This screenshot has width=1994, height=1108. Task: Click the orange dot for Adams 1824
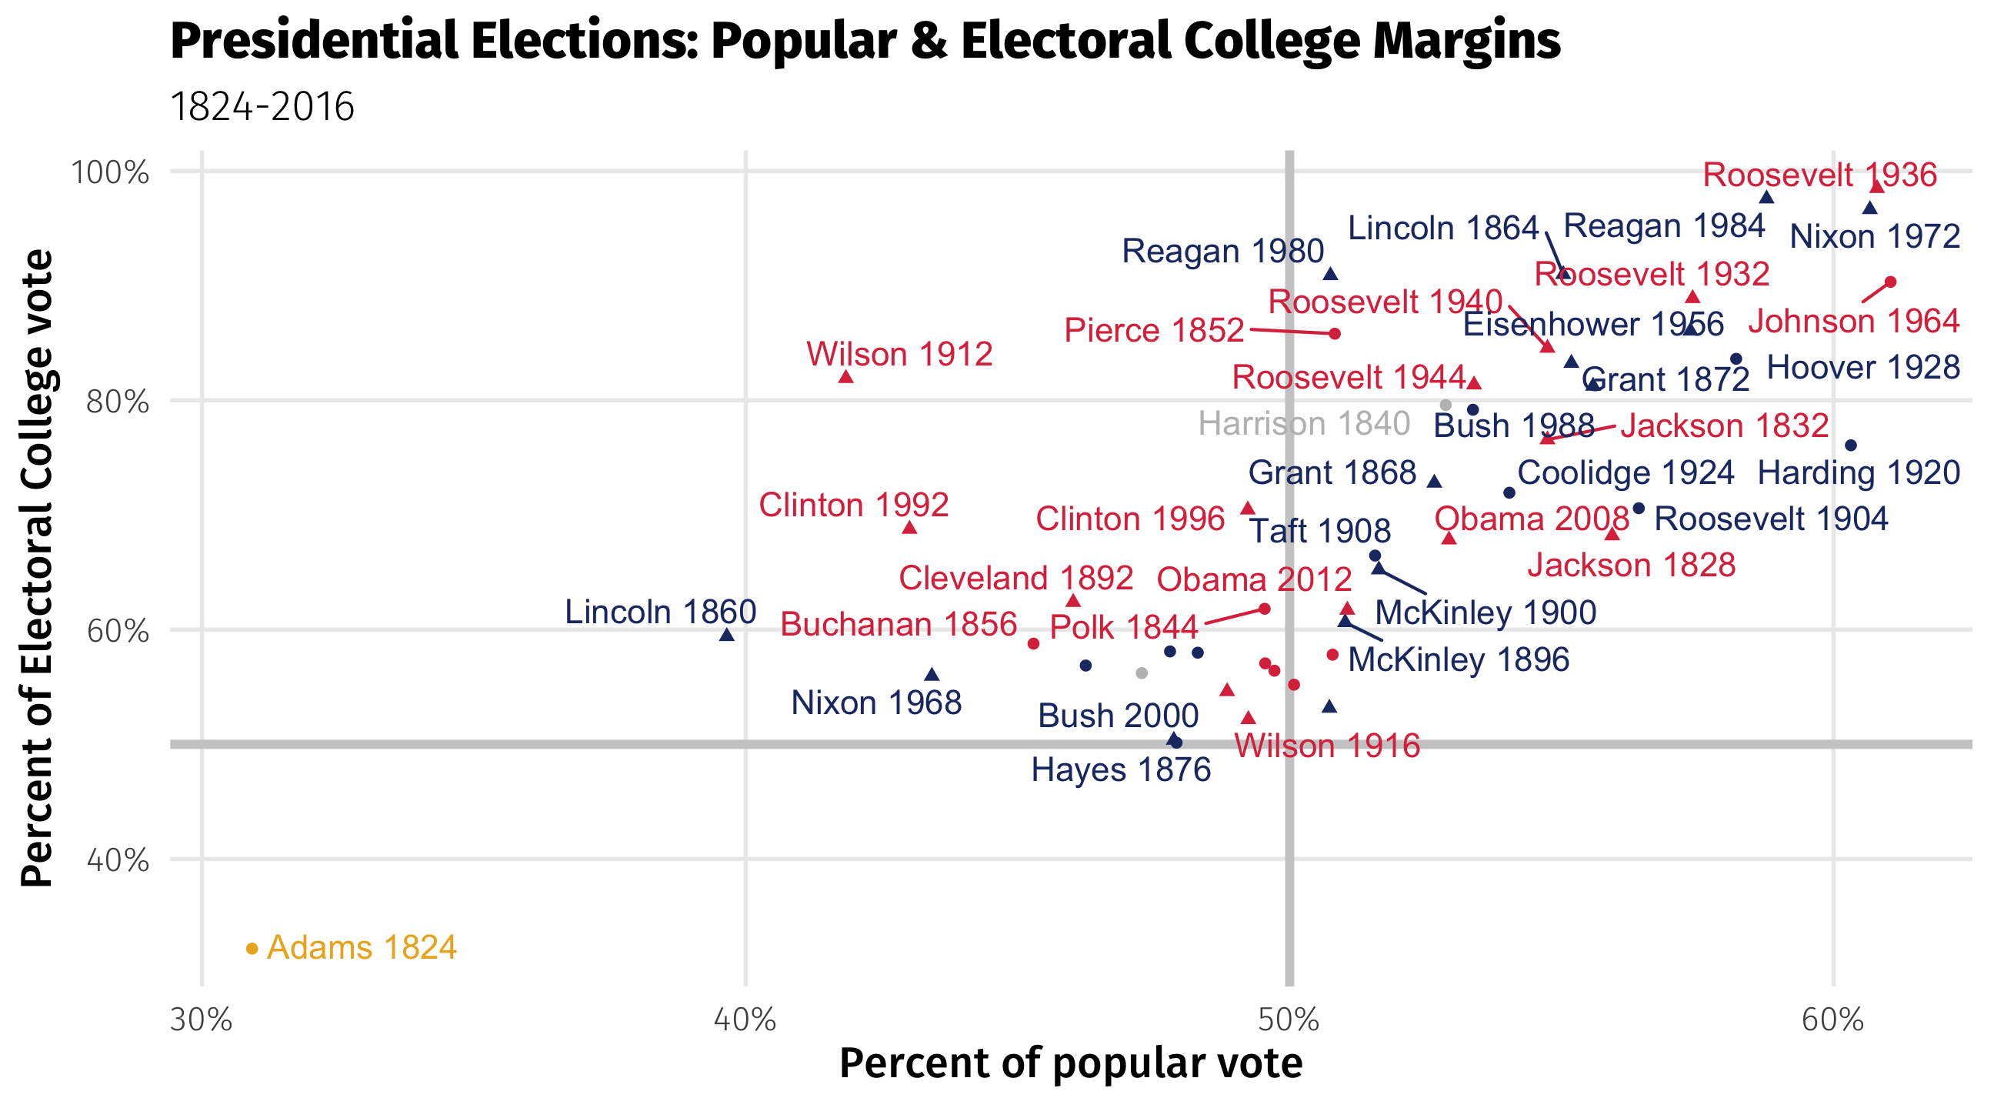pos(252,949)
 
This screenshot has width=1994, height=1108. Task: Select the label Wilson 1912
pos(899,355)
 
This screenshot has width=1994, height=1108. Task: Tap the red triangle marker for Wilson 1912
pos(846,377)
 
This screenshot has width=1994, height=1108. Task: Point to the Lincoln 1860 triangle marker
pos(727,635)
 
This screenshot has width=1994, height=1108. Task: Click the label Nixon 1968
pos(876,703)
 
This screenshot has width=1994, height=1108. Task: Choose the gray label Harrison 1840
pos(1303,424)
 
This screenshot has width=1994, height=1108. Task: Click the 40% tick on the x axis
pos(745,1020)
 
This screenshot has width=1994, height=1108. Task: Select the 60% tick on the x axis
pos(1832,1020)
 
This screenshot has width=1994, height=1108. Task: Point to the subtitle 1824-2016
pos(262,107)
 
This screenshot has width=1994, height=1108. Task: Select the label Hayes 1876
pos(1121,770)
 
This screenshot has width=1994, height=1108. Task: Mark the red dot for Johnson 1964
pos(1890,282)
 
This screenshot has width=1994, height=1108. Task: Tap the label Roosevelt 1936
pos(1819,175)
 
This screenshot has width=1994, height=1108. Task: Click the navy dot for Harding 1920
pos(1851,446)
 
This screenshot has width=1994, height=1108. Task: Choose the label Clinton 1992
pos(853,505)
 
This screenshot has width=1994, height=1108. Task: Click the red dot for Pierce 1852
pos(1335,334)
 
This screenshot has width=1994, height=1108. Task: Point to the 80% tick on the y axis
pos(118,401)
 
